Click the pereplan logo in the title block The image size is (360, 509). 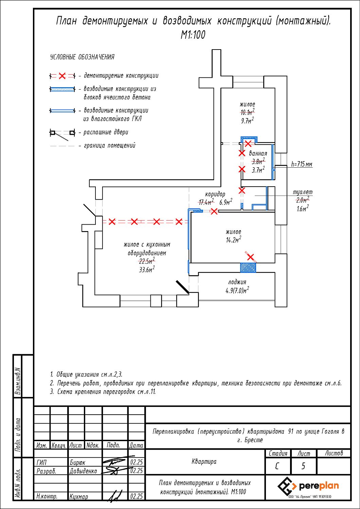click(x=308, y=486)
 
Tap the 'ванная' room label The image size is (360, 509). click(x=258, y=153)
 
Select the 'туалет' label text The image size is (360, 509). click(x=303, y=192)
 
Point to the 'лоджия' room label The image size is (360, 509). click(x=237, y=282)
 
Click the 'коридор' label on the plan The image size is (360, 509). click(x=215, y=194)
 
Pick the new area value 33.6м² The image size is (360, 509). click(x=146, y=270)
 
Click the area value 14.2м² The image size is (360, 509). click(x=233, y=240)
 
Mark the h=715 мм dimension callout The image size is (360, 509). click(x=302, y=165)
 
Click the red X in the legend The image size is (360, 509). click(x=62, y=76)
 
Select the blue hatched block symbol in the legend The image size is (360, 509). click(x=62, y=89)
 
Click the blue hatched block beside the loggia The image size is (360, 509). click(x=248, y=268)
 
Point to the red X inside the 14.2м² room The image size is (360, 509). click(x=250, y=257)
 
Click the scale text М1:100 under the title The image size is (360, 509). click(x=193, y=35)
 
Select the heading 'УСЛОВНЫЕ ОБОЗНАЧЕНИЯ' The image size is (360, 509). click(x=82, y=57)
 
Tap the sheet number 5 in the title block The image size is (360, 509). click(x=303, y=466)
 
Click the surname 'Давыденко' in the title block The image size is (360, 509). click(x=83, y=471)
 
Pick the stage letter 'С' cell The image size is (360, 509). click(x=277, y=466)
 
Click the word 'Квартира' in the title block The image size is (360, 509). click(x=204, y=461)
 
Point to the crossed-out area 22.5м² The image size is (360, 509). click(x=147, y=261)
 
